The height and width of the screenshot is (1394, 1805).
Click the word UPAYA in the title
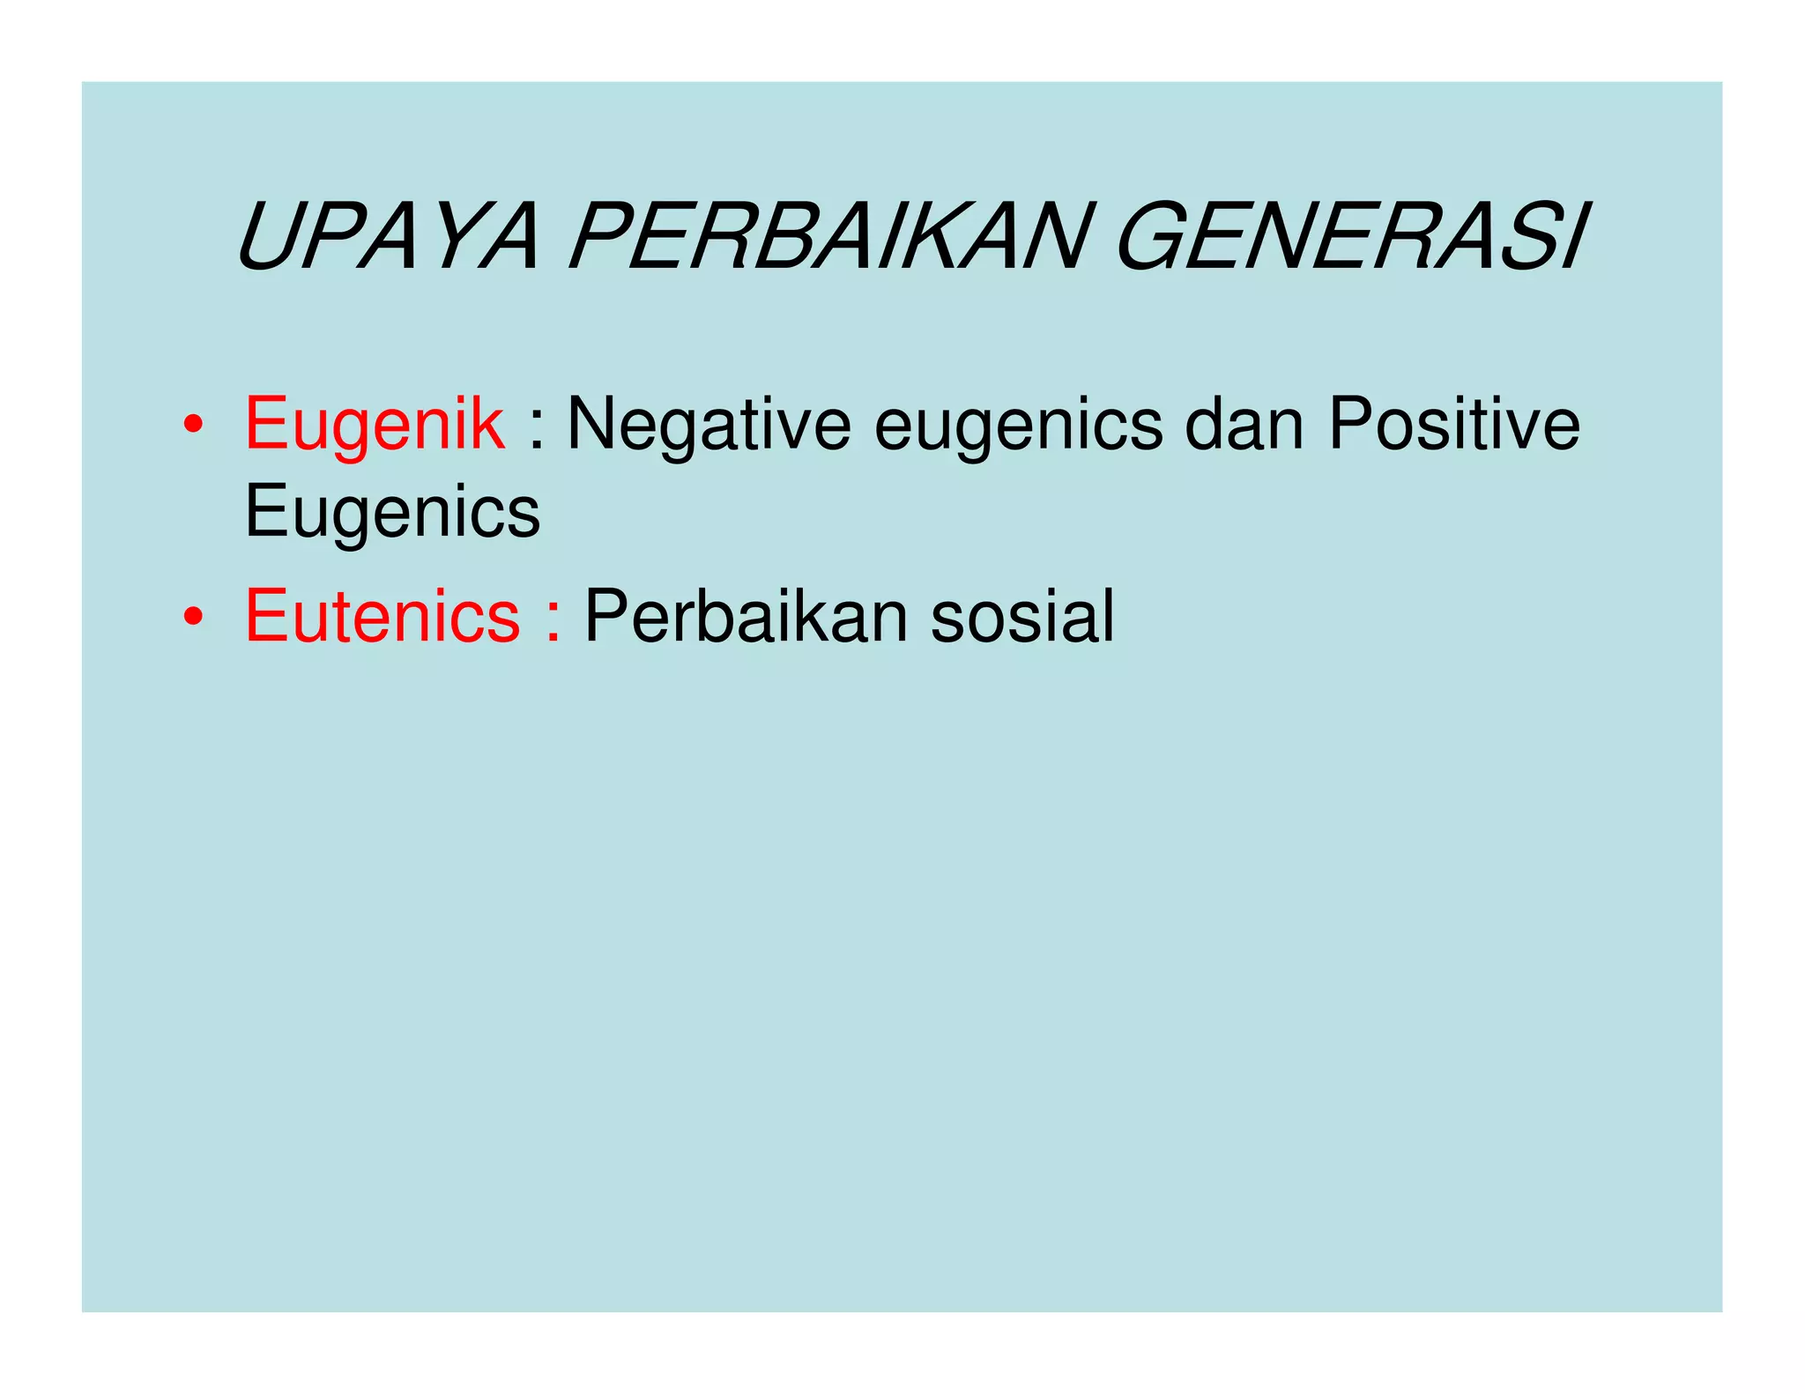click(388, 238)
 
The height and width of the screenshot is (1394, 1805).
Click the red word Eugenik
click(375, 426)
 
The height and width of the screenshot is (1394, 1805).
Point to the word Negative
click(709, 426)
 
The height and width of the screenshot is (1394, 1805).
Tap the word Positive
click(1454, 424)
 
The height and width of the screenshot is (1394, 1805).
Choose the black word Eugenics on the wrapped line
click(392, 512)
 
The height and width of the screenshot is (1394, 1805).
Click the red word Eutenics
click(383, 616)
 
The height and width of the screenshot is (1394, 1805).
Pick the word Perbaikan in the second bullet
click(746, 616)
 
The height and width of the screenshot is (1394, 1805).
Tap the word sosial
click(1022, 616)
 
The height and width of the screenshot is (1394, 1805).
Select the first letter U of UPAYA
click(269, 238)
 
